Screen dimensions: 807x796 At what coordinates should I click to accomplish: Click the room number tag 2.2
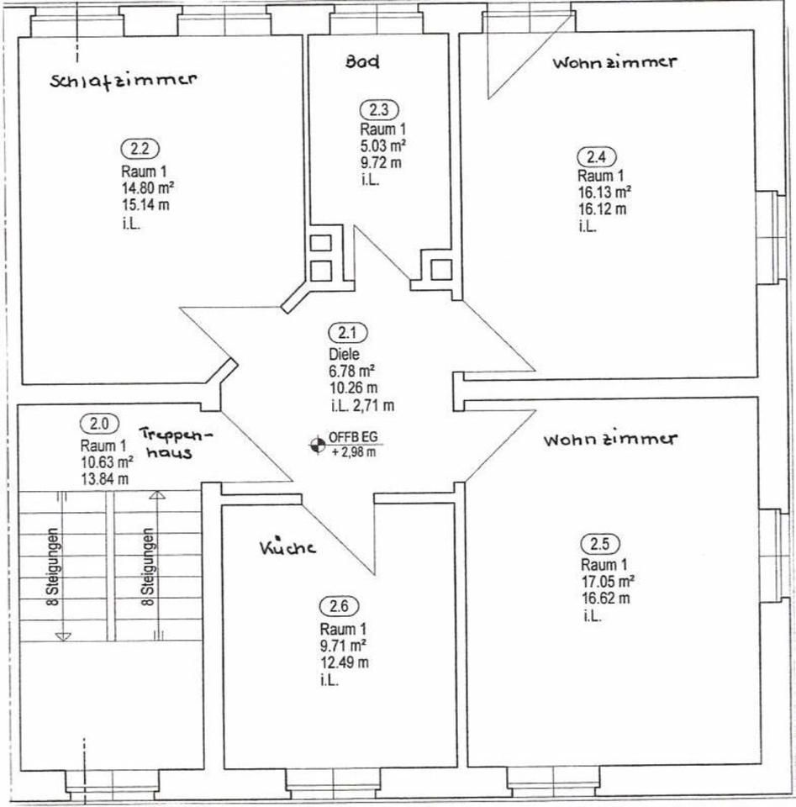coord(140,149)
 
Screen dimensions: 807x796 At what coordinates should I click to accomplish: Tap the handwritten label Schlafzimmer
coord(123,80)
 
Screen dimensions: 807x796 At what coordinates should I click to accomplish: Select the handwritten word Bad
coord(362,61)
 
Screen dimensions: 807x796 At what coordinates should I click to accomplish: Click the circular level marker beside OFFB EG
coord(317,445)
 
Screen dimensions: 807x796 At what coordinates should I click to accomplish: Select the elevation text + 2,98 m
coord(353,453)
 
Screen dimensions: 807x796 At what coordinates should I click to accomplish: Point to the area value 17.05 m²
coord(607,581)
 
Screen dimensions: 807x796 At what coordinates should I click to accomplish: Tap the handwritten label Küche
coord(287,547)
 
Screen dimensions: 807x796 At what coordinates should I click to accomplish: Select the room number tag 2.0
coord(99,423)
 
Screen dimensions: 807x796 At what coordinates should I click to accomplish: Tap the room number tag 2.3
coord(380,109)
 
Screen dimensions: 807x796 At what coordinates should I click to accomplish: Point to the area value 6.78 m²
coord(351,371)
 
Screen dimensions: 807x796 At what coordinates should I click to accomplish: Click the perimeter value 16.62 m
coord(603,599)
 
